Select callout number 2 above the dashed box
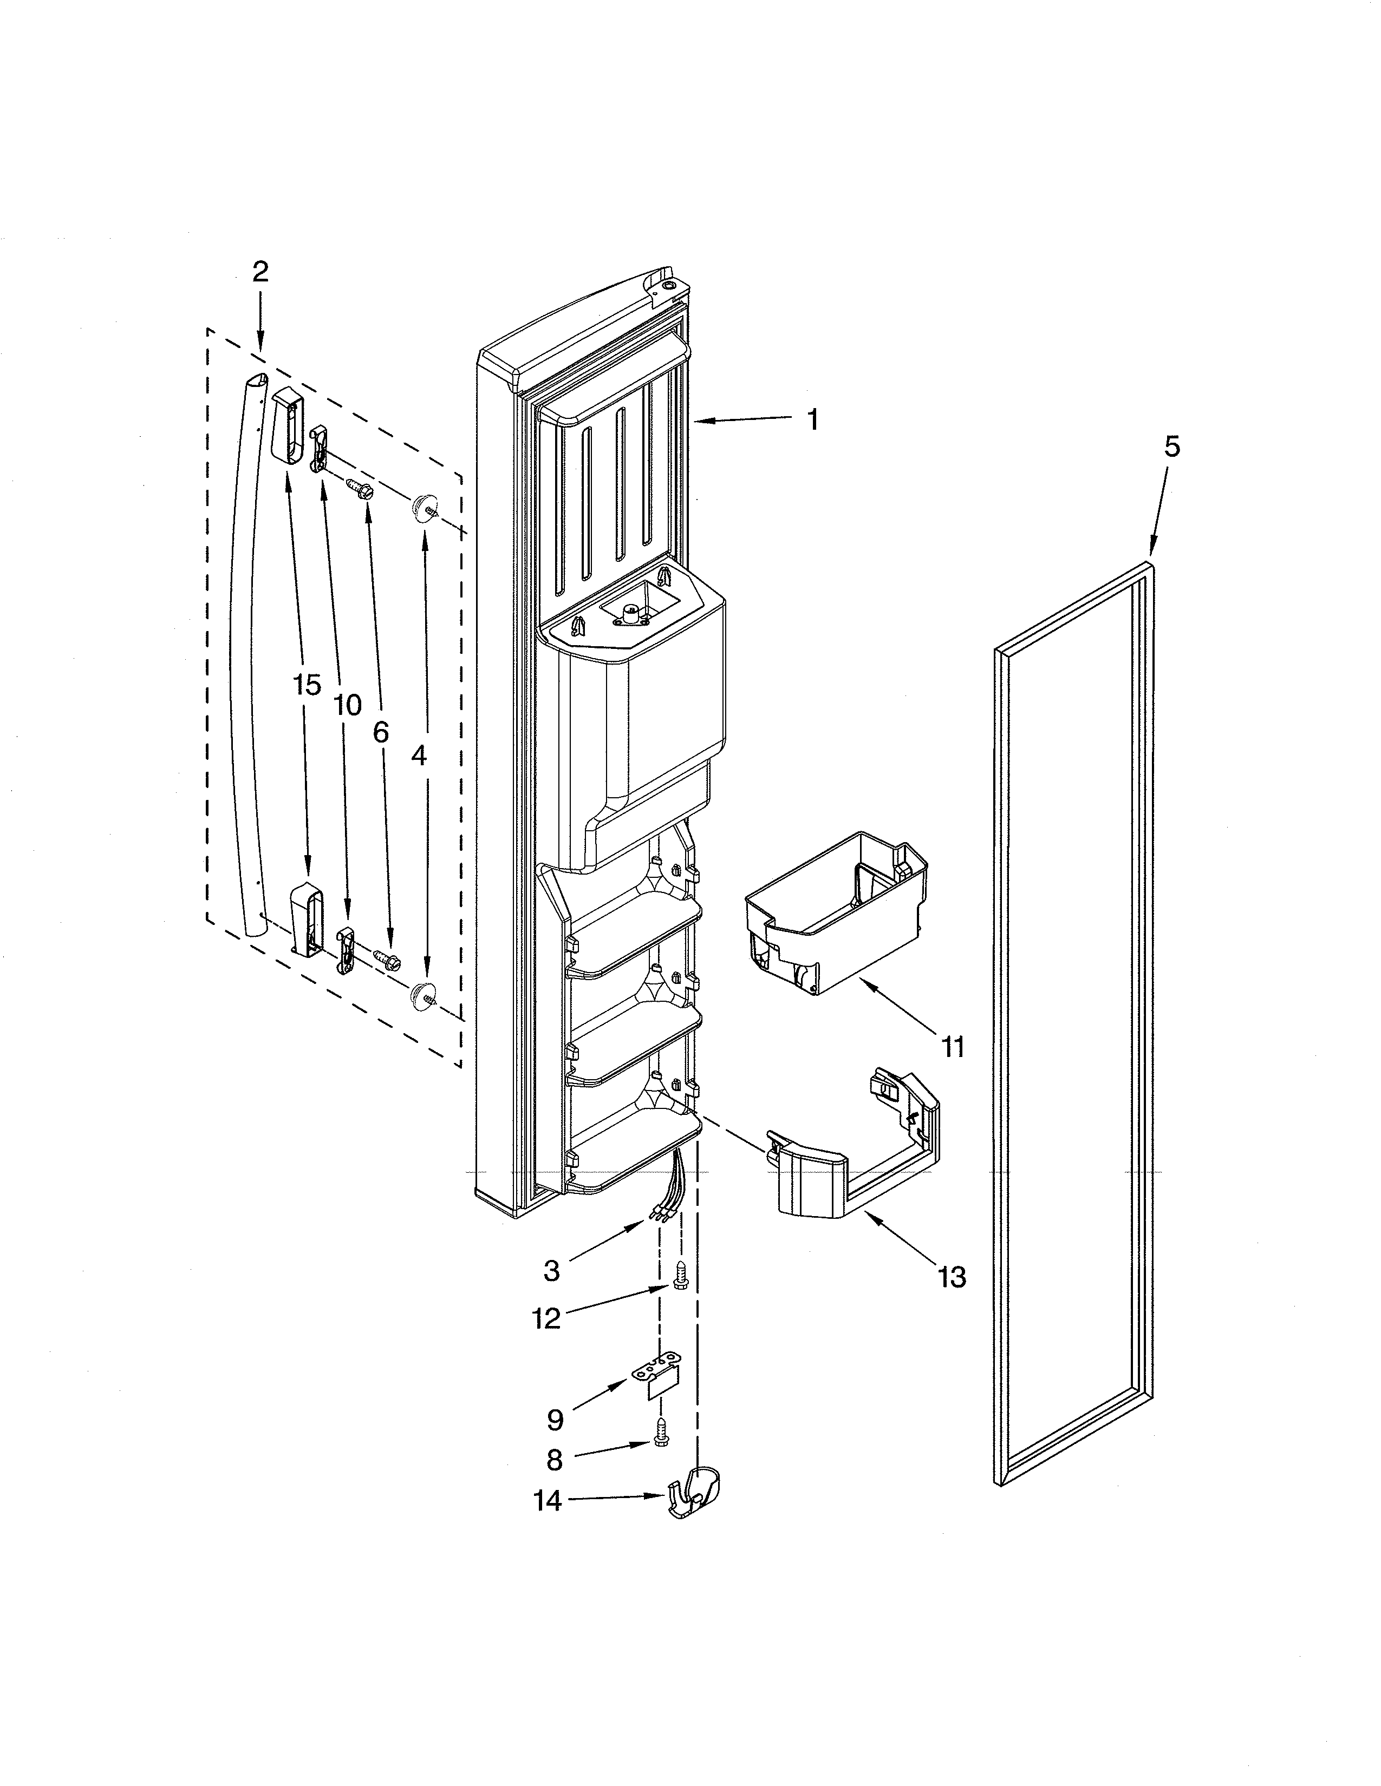click(259, 272)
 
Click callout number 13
click(952, 1277)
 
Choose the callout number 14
click(548, 1501)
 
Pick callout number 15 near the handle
click(307, 685)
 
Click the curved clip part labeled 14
click(695, 1496)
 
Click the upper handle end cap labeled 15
click(285, 425)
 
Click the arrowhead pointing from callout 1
click(700, 421)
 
